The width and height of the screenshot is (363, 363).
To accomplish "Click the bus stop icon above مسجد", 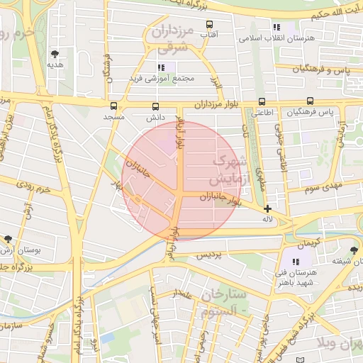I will pyautogui.click(x=113, y=106).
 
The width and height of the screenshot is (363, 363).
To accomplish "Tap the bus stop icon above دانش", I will pyautogui.click(x=155, y=106).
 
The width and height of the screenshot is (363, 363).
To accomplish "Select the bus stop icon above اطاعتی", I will pyautogui.click(x=262, y=102).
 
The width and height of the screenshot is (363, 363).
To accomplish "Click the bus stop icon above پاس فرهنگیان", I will pyautogui.click(x=310, y=102).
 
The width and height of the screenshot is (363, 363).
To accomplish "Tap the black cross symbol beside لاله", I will pyautogui.click(x=267, y=208).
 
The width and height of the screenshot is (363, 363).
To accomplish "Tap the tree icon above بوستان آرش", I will pyautogui.click(x=8, y=240).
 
